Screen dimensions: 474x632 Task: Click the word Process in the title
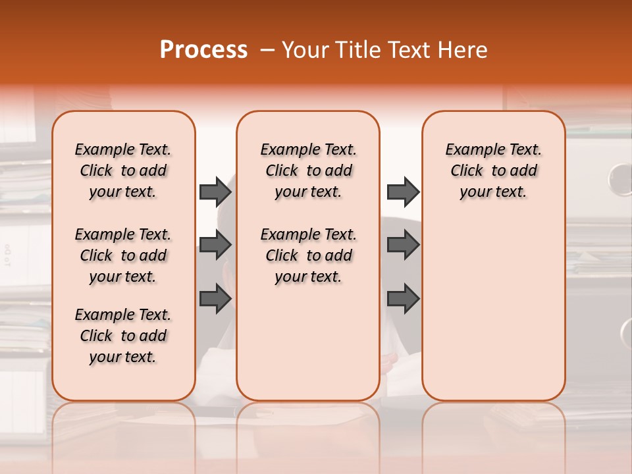tap(203, 50)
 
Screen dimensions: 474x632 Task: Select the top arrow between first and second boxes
tap(215, 192)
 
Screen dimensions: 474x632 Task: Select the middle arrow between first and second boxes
tap(215, 246)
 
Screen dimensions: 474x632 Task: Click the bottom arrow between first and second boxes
tap(215, 299)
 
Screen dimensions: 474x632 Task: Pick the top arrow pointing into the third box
tap(403, 192)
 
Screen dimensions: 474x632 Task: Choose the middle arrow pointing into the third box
tap(403, 246)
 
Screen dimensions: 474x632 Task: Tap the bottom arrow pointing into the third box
tap(403, 299)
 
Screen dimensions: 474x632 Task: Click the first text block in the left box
tap(123, 171)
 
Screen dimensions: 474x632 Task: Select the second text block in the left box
tap(123, 255)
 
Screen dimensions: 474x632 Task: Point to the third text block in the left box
tap(123, 336)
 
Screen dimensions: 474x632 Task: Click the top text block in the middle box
tap(308, 171)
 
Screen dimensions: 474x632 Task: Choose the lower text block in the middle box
tap(308, 255)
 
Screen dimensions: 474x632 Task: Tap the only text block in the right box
tap(493, 171)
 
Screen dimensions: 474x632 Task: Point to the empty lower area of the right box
tap(493, 309)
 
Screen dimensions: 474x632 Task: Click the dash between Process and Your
tap(267, 50)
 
